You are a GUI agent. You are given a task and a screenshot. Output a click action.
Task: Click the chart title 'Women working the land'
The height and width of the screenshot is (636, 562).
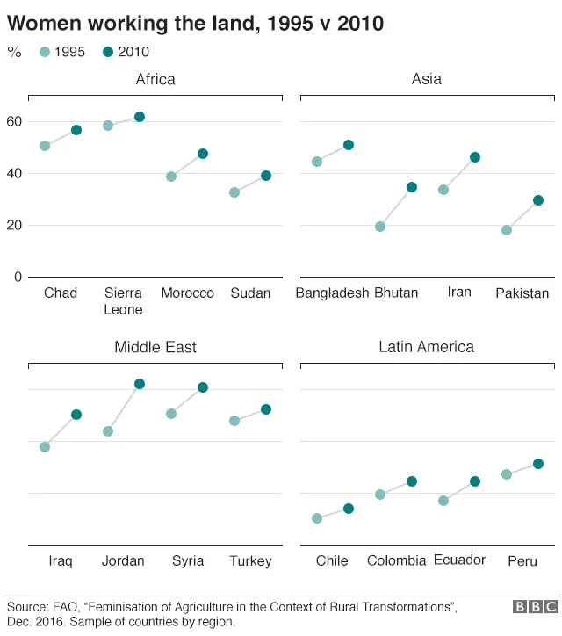(x=195, y=23)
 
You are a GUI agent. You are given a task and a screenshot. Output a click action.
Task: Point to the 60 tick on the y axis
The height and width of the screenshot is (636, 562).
(x=13, y=121)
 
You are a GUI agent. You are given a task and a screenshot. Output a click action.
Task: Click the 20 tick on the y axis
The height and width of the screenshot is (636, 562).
(x=13, y=225)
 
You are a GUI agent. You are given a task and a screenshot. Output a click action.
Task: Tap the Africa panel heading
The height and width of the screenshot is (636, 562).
(x=155, y=80)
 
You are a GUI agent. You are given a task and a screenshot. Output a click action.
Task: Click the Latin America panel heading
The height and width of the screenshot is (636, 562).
(x=426, y=347)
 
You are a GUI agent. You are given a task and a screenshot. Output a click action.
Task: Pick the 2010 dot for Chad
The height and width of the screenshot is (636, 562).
(x=76, y=130)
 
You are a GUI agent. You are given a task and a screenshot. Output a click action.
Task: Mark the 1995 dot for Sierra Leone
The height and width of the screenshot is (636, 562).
(x=108, y=126)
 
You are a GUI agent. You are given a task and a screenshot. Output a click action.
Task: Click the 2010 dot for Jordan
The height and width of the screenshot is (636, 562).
(x=140, y=384)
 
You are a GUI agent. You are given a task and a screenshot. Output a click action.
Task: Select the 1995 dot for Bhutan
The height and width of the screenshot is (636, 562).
(x=380, y=227)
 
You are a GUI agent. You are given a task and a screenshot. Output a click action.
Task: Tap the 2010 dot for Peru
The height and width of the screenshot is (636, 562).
(x=538, y=464)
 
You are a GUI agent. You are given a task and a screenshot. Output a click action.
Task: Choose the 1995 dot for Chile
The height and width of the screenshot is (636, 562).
(x=317, y=518)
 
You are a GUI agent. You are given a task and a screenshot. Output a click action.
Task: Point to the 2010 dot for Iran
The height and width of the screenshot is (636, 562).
(x=475, y=157)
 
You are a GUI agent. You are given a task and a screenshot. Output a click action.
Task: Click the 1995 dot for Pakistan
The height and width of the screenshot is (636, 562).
(x=507, y=230)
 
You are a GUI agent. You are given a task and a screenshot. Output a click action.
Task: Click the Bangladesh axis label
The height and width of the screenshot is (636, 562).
(x=332, y=293)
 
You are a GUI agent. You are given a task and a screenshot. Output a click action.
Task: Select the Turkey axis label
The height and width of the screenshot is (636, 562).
(x=250, y=561)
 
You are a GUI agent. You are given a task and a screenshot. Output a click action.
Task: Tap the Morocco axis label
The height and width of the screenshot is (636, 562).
(x=187, y=293)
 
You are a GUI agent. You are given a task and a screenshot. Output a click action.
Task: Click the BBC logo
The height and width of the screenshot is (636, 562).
(x=535, y=607)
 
